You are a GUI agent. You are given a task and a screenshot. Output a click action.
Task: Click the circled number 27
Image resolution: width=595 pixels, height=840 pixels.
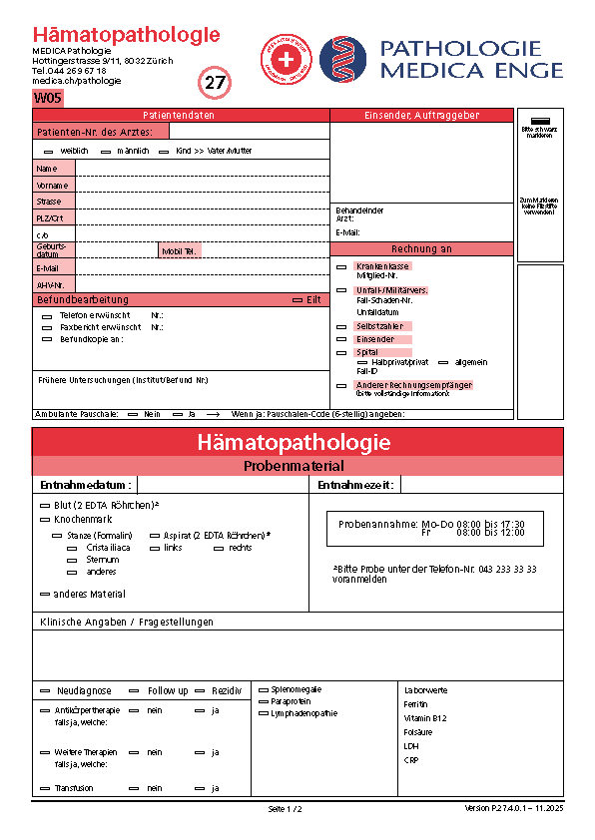[216, 83]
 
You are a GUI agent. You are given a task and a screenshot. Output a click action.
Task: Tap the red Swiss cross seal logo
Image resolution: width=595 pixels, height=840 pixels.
[287, 59]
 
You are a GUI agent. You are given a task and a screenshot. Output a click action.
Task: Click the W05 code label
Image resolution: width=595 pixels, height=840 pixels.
[48, 98]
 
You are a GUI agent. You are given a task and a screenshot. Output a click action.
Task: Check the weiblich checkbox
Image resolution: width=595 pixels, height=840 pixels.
[49, 151]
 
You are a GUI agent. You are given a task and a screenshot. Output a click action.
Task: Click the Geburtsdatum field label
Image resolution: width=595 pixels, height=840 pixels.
[51, 249]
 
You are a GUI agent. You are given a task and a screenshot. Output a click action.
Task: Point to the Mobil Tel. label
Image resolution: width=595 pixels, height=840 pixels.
[180, 252]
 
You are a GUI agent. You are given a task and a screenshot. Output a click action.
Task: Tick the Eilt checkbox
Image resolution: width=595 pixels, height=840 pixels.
[297, 299]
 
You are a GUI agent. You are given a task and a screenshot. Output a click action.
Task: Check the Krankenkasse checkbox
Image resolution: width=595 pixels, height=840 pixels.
[341, 267]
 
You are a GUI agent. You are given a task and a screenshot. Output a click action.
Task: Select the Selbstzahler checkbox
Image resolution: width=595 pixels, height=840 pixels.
[341, 327]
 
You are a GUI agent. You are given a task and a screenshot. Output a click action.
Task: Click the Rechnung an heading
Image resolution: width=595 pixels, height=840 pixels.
[421, 249]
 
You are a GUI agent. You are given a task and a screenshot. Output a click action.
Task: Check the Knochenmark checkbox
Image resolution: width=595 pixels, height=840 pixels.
[44, 520]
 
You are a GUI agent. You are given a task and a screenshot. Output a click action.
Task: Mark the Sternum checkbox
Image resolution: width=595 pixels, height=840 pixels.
[72, 560]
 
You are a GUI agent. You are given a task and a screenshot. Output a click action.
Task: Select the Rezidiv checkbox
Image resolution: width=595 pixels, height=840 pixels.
[201, 690]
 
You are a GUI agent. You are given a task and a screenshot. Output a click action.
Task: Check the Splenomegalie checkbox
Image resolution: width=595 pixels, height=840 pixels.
[264, 689]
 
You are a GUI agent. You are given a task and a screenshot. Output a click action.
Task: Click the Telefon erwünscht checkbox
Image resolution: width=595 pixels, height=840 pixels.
[47, 315]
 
